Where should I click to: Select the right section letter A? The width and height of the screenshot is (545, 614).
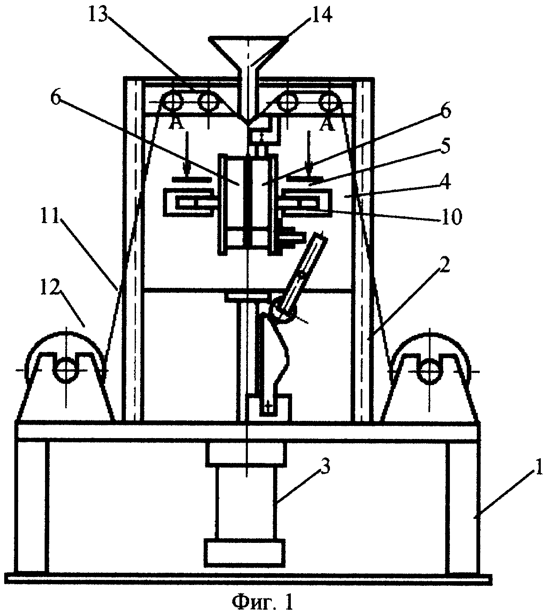[x=327, y=125]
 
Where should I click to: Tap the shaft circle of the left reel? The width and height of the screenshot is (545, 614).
[x=66, y=370]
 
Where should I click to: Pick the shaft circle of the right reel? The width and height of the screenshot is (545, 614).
[x=429, y=370]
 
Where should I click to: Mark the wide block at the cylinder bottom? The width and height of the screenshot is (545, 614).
[x=245, y=553]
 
